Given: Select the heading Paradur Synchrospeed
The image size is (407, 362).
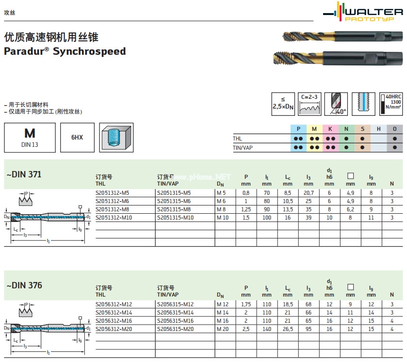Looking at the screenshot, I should tap(65, 51).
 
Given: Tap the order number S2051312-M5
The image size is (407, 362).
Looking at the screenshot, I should tap(112, 193).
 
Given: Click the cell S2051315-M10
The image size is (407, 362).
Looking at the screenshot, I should tap(175, 218).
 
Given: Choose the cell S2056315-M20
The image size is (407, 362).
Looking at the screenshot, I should tap(175, 329).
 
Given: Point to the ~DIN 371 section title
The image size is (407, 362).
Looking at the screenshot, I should tap(24, 174).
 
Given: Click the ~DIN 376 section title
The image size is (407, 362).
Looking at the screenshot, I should tap(24, 285).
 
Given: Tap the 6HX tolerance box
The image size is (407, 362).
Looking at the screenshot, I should tap(77, 138).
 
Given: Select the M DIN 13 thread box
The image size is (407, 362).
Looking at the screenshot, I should tap(30, 137).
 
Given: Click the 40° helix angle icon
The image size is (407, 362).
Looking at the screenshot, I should tap(336, 104).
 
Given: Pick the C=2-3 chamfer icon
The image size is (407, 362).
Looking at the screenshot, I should tap(309, 104).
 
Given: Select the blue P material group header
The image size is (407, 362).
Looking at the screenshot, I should tap(298, 129).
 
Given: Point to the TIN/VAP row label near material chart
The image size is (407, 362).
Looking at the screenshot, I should tap(244, 147).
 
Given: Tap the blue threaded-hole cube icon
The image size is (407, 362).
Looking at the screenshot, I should tap(116, 137).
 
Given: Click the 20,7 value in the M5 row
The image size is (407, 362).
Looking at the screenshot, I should tap(308, 193).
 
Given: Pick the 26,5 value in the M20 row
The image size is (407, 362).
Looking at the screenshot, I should tap(288, 329).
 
